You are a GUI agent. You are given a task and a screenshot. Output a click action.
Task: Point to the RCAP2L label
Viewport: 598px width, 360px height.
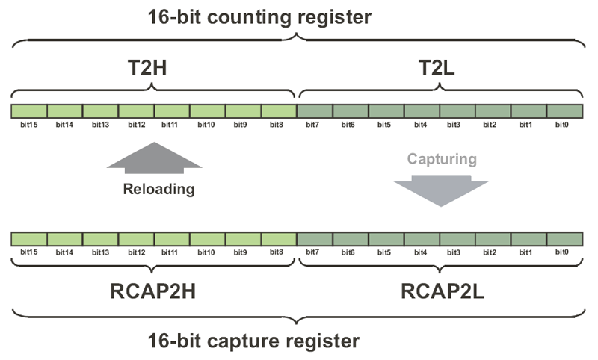pos(441,289)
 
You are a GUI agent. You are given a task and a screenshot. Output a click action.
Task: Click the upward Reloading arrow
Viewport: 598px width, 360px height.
pos(154,159)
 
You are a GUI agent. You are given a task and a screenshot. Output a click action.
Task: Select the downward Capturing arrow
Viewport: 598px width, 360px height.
pos(441,189)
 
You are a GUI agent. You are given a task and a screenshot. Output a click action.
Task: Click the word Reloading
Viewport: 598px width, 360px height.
pos(158,189)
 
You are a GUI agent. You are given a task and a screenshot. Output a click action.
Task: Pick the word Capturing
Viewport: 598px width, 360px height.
pos(442,159)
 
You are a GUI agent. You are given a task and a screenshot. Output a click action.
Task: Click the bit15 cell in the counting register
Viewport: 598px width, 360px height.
pos(29,111)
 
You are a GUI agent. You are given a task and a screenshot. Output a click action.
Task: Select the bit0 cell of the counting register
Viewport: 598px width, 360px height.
pos(564,111)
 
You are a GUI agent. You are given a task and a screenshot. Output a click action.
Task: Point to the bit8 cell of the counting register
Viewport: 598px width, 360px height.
pos(279,111)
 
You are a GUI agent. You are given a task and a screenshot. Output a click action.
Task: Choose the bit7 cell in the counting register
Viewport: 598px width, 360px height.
pos(315,111)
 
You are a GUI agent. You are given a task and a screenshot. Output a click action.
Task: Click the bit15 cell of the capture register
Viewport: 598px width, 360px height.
pos(29,238)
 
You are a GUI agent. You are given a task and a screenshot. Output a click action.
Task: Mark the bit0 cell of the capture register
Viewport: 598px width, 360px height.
pos(564,238)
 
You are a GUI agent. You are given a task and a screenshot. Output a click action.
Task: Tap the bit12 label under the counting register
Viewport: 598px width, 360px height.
pos(136,125)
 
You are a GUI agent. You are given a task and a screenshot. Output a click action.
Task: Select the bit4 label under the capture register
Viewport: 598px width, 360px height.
pos(422,252)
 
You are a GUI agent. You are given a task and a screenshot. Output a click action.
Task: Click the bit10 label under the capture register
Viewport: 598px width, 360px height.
pos(207,252)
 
